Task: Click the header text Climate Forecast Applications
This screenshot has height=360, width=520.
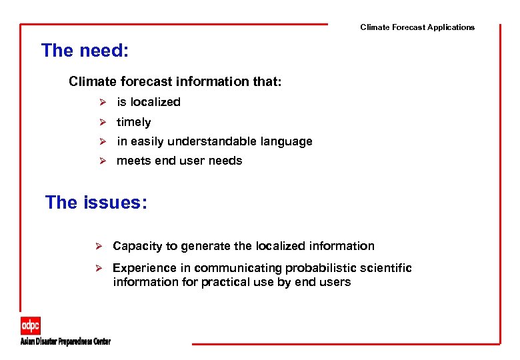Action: click(x=417, y=27)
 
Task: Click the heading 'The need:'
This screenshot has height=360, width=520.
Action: click(x=85, y=51)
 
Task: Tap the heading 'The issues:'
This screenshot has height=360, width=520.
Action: click(x=96, y=203)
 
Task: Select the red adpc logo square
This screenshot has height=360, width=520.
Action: click(x=30, y=326)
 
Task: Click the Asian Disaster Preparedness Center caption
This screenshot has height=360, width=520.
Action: click(x=65, y=341)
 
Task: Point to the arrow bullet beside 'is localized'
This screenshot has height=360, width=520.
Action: click(x=103, y=102)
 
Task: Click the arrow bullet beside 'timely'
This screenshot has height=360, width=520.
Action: click(x=103, y=122)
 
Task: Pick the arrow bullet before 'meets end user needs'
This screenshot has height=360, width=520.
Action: click(x=103, y=161)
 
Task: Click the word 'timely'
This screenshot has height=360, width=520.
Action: click(x=133, y=122)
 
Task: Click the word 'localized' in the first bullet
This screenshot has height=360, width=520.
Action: click(x=155, y=102)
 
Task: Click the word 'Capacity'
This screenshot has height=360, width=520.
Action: click(x=137, y=246)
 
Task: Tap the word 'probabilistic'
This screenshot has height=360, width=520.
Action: click(x=317, y=268)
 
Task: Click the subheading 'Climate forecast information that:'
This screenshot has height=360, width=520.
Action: click(x=175, y=81)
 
